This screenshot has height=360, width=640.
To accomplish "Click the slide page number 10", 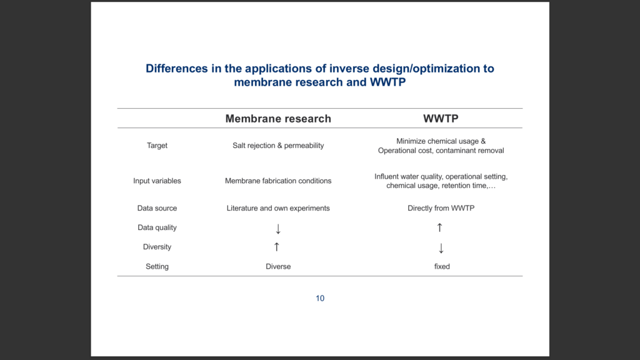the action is pyautogui.click(x=320, y=298).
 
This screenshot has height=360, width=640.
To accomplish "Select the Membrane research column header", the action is pyautogui.click(x=278, y=119).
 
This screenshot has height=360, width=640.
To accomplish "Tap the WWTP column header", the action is pyautogui.click(x=441, y=119).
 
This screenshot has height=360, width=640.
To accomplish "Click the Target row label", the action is pyautogui.click(x=157, y=146).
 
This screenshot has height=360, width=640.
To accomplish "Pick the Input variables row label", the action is pyautogui.click(x=157, y=181).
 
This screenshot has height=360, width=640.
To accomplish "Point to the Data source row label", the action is pyautogui.click(x=157, y=208).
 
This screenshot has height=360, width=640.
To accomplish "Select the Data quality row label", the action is pyautogui.click(x=157, y=227).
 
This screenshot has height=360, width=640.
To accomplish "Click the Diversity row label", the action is pyautogui.click(x=157, y=247).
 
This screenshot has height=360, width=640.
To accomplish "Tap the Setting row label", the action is pyautogui.click(x=157, y=266).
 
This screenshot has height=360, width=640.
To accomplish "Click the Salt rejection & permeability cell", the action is pyautogui.click(x=278, y=146).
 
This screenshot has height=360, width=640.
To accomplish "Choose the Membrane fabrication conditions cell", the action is pyautogui.click(x=278, y=181).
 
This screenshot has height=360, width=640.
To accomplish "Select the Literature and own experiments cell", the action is pyautogui.click(x=278, y=208).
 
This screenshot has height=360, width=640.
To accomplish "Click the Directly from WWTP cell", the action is pyautogui.click(x=441, y=208).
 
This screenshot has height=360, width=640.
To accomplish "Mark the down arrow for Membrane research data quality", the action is pyautogui.click(x=278, y=229).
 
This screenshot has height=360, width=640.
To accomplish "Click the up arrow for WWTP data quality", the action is pyautogui.click(x=439, y=227).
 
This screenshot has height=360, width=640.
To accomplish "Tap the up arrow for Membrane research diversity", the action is pyautogui.click(x=277, y=246).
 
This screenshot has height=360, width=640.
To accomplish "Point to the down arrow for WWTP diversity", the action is pyautogui.click(x=441, y=248).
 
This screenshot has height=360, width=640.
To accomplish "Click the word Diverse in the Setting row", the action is pyautogui.click(x=278, y=266).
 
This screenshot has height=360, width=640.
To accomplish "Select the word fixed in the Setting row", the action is pyautogui.click(x=442, y=266).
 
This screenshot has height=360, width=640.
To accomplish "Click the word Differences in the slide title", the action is pyautogui.click(x=177, y=69).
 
